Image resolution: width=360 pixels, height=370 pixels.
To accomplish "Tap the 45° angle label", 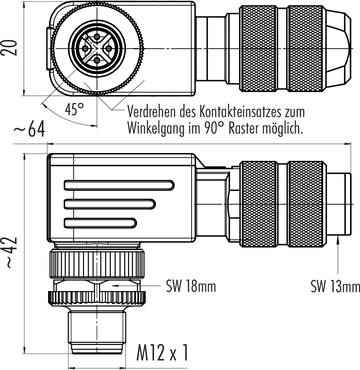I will tap(74, 109).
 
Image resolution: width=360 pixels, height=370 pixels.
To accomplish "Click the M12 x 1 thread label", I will tap(162, 353).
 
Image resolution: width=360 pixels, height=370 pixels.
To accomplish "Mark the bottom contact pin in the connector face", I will tap(97, 60).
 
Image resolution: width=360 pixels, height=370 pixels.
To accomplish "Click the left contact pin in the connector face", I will tap(85, 48).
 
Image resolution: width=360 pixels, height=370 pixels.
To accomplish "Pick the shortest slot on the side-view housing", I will tap(100, 222).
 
